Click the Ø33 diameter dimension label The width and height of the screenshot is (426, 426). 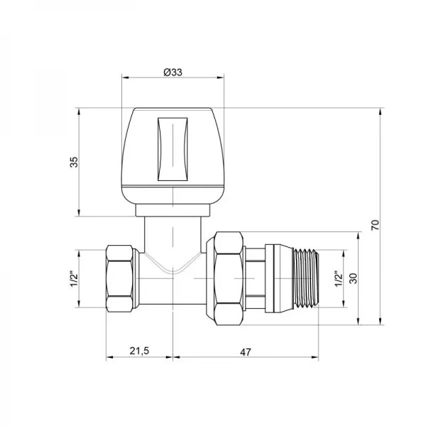coord(173,71)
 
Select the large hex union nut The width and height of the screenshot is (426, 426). coord(226,278)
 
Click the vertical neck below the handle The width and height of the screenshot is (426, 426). coord(173,238)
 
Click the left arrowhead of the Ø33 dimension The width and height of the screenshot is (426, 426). coord(126,78)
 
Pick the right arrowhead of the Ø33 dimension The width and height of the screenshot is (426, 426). coord(221,78)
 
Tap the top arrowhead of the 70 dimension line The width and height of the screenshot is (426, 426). coord(383,111)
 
